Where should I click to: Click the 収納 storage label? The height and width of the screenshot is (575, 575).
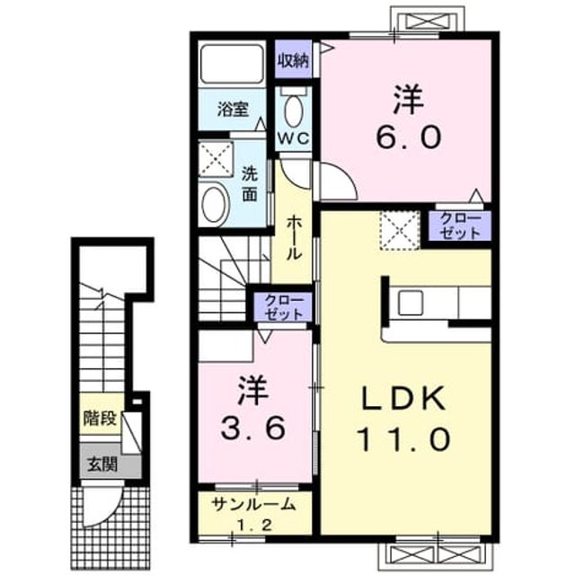click(x=293, y=61)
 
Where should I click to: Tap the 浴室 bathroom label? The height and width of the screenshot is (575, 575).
click(x=233, y=110)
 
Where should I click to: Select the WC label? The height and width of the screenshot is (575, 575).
click(x=293, y=138)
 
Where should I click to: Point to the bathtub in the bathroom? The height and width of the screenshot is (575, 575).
click(x=232, y=65)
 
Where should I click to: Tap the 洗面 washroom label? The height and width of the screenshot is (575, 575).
click(x=250, y=184)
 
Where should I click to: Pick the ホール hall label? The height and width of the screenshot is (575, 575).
click(x=294, y=238)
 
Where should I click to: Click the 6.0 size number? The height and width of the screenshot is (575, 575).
click(x=408, y=137)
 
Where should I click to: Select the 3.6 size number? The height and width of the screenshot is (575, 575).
click(x=252, y=429)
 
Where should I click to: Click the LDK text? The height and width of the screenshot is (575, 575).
click(x=404, y=398)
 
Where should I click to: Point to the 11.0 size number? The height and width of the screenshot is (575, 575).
click(x=403, y=439)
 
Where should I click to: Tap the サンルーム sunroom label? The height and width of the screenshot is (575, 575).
click(x=253, y=505)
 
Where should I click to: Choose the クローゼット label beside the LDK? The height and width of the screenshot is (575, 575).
click(x=460, y=226)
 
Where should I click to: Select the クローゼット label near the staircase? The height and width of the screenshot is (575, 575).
click(x=284, y=307)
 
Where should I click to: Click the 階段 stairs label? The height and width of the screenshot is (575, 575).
click(x=100, y=418)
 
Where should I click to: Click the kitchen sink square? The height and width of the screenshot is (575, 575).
click(x=411, y=303)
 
